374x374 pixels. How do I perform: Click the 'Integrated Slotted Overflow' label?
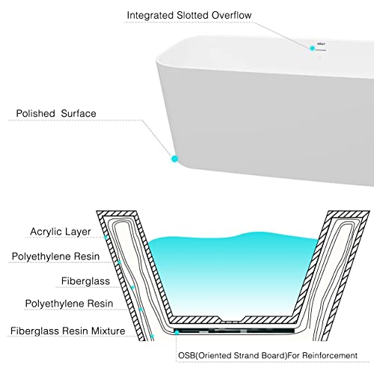coord(189,16)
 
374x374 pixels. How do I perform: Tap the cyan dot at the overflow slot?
coord(312,48)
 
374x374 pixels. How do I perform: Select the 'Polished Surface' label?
coord(56,114)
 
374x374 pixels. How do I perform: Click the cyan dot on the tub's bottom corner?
coord(175,159)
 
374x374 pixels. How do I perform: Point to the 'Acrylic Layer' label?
coord(61,232)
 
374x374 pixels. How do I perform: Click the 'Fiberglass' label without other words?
coord(85,281)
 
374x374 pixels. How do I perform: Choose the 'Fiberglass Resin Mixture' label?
coord(67,331)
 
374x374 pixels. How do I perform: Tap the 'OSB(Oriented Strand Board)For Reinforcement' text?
coord(268,355)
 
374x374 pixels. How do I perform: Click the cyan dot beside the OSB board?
coord(177,332)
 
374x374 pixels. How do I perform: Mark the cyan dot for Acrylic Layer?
coord(105,237)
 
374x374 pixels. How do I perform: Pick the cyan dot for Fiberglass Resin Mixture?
coord(152,337)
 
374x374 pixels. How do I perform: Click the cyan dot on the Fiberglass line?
coord(132,287)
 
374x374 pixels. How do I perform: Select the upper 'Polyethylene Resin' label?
coord(55,257)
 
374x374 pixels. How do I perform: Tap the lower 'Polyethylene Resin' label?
coord(69,304)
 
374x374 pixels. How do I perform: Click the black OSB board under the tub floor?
coord(234,331)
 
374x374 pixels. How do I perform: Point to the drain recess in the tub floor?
coord(232,319)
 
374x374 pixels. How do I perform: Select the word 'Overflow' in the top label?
coord(232,16)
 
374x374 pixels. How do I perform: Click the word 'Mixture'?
coord(108,331)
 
